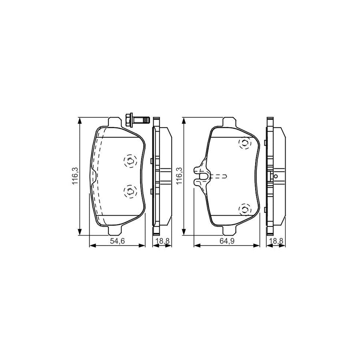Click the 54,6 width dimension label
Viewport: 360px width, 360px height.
click(x=117, y=241)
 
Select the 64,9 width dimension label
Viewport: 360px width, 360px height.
click(x=227, y=241)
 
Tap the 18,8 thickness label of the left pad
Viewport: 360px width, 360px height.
click(x=162, y=241)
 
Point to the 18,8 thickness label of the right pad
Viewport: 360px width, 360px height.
click(x=276, y=241)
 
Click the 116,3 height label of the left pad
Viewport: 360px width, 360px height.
click(x=76, y=176)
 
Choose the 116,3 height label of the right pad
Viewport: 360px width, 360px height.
click(x=179, y=176)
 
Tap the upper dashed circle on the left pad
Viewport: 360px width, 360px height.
click(x=130, y=161)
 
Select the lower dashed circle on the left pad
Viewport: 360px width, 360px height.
click(x=130, y=191)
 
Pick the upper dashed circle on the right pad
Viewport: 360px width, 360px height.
click(x=245, y=143)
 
